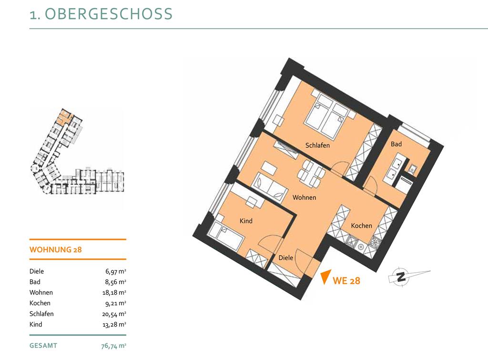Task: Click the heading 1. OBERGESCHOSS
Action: (x=101, y=14)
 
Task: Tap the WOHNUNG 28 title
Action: (x=55, y=249)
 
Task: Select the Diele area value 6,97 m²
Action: (x=116, y=271)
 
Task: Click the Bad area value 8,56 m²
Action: (x=116, y=282)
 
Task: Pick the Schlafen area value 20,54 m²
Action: (x=114, y=314)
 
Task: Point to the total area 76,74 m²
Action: (x=113, y=346)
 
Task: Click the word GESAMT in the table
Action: (x=43, y=346)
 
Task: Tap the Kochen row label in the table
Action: (x=40, y=303)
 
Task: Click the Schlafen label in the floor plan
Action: (x=317, y=145)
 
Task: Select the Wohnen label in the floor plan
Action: (x=305, y=197)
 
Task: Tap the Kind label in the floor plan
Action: (x=246, y=221)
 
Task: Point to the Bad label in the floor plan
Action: (x=396, y=144)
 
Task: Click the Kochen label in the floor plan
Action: (x=361, y=226)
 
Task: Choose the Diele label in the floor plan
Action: (x=286, y=257)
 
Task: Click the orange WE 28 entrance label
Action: (x=346, y=280)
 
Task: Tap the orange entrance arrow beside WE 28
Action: (x=325, y=276)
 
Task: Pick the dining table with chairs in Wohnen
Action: (x=312, y=173)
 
